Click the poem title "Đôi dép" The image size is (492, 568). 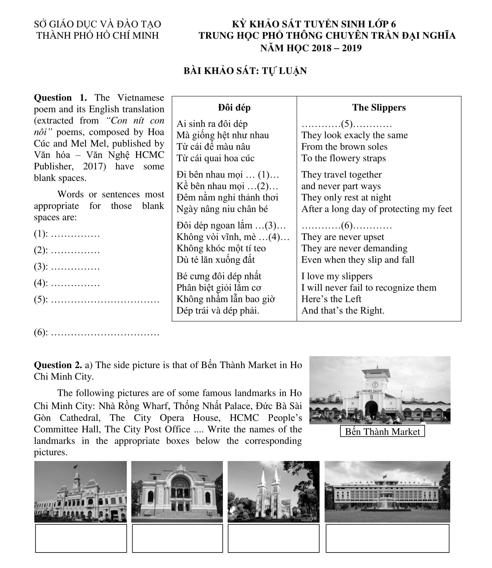click(234, 108)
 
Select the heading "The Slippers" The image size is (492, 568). click(379, 108)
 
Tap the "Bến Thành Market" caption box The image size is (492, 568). click(382, 431)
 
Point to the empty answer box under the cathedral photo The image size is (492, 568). click(273, 538)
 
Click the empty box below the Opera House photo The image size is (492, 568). click(177, 538)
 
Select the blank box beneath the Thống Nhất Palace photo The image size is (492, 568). click(387, 538)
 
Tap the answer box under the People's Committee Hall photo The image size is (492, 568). click(81, 538)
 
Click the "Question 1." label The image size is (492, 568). click(60, 98)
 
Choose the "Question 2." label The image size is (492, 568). click(58, 365)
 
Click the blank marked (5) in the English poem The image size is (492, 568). click(347, 124)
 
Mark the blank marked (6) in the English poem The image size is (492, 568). click(347, 226)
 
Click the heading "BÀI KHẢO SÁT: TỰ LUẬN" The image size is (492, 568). click(245, 71)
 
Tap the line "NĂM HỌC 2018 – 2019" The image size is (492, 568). click(311, 48)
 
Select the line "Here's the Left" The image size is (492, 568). click(331, 299)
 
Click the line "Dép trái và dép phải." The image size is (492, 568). click(218, 310)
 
